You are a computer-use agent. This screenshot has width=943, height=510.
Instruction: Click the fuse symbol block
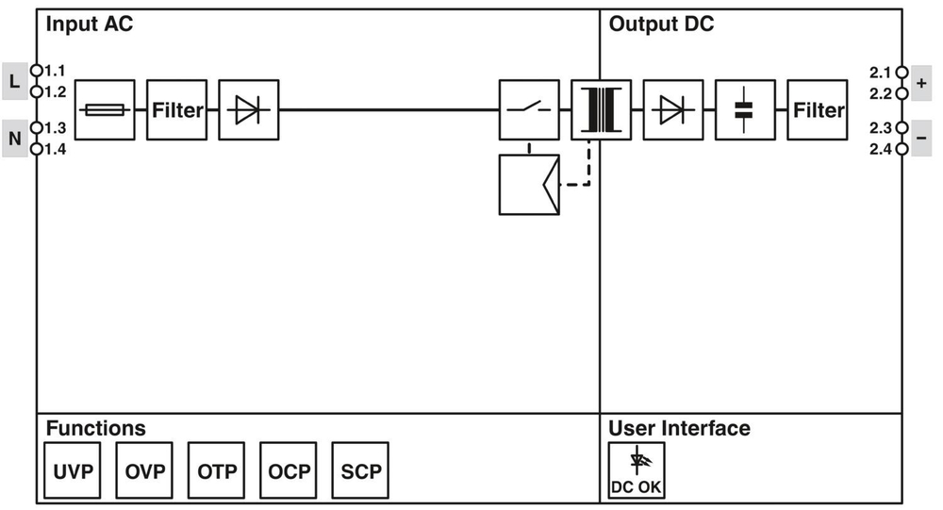point(104,110)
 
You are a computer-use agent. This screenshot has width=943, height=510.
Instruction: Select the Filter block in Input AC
point(176,110)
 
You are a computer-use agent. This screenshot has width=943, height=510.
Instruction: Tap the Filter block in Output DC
point(818,110)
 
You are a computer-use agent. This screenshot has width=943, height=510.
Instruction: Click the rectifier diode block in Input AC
point(249,110)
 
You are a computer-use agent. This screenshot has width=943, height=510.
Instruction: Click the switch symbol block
point(529,110)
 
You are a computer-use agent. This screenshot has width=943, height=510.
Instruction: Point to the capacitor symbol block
point(745,110)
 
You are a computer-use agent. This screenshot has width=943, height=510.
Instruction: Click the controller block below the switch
point(529,185)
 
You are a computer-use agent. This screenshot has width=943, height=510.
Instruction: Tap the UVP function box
point(73,470)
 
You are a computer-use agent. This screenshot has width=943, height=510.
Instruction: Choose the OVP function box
point(145,470)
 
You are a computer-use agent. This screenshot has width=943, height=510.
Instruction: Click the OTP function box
point(217,470)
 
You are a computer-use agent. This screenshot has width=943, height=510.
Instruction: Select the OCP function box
point(290,470)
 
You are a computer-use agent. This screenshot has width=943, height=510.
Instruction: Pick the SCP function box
point(361,470)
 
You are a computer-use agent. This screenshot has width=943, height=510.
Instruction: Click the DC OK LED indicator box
point(637,470)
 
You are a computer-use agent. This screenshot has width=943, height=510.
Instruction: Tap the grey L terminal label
point(14,81)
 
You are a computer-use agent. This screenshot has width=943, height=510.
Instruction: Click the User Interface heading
point(679,428)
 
